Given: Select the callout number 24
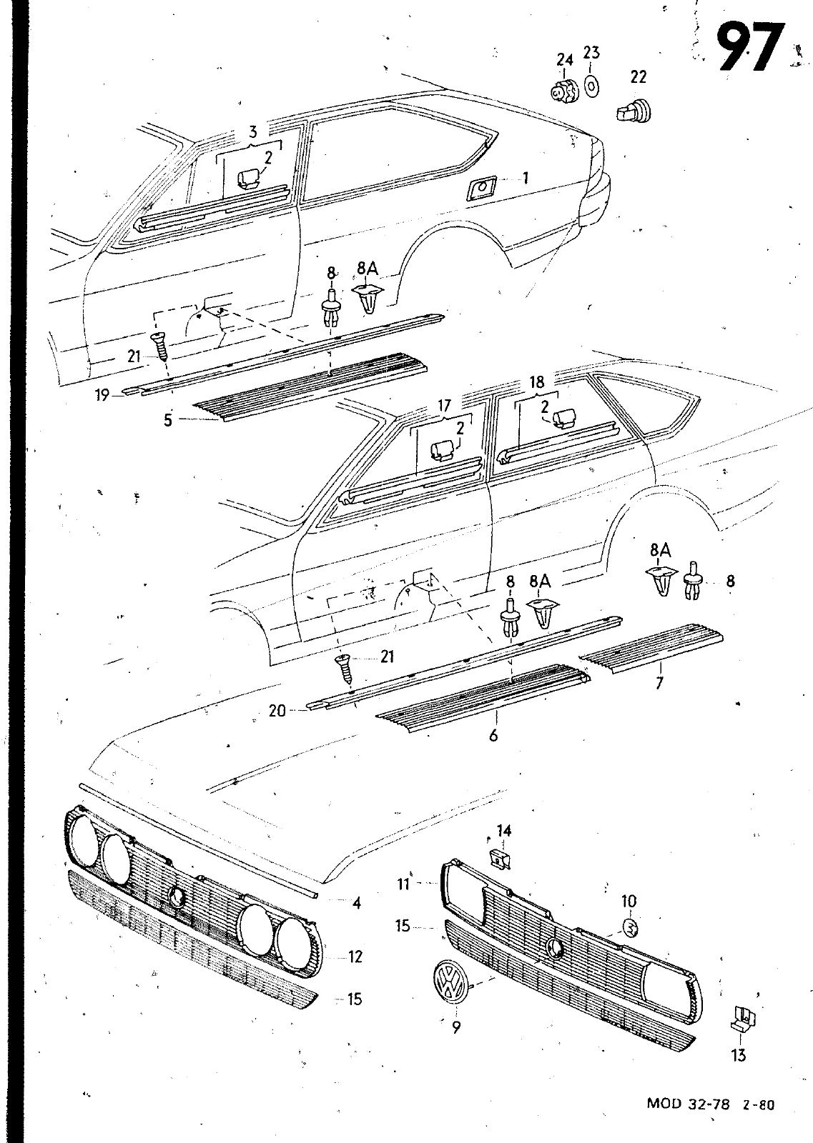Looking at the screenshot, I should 564,59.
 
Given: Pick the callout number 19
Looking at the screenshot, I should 102,394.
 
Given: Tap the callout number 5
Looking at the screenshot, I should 167,420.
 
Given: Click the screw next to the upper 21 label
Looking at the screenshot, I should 159,349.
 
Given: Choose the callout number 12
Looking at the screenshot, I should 355,956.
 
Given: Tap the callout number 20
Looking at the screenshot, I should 277,710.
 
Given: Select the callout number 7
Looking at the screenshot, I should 659,683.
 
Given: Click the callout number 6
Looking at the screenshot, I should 493,734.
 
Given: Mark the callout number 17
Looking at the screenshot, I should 444,407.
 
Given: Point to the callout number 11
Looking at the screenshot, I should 403,884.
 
